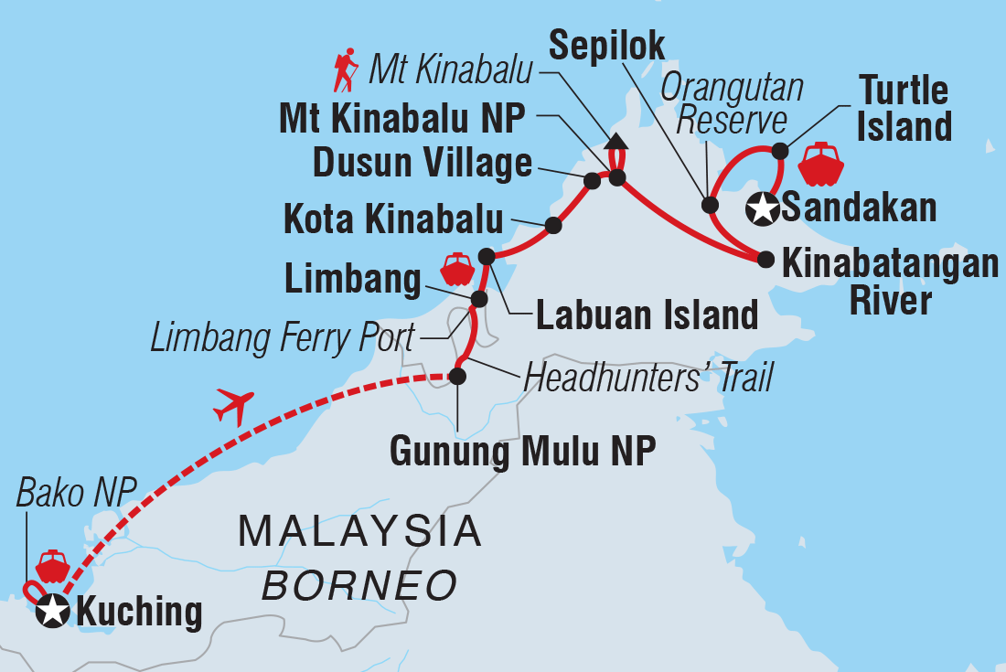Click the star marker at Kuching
[x=52, y=610]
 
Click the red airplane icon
[x=233, y=405]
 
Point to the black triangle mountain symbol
[x=616, y=141]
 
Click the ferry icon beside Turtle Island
[x=820, y=165]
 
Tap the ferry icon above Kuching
[x=53, y=567]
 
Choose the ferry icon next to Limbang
[x=456, y=270]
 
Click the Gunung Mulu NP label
[x=522, y=451]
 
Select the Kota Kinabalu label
[x=393, y=219]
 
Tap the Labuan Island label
[x=647, y=315]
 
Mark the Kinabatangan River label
[x=890, y=283]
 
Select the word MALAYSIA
[x=359, y=531]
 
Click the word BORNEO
[x=359, y=584]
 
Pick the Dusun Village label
[x=423, y=164]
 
